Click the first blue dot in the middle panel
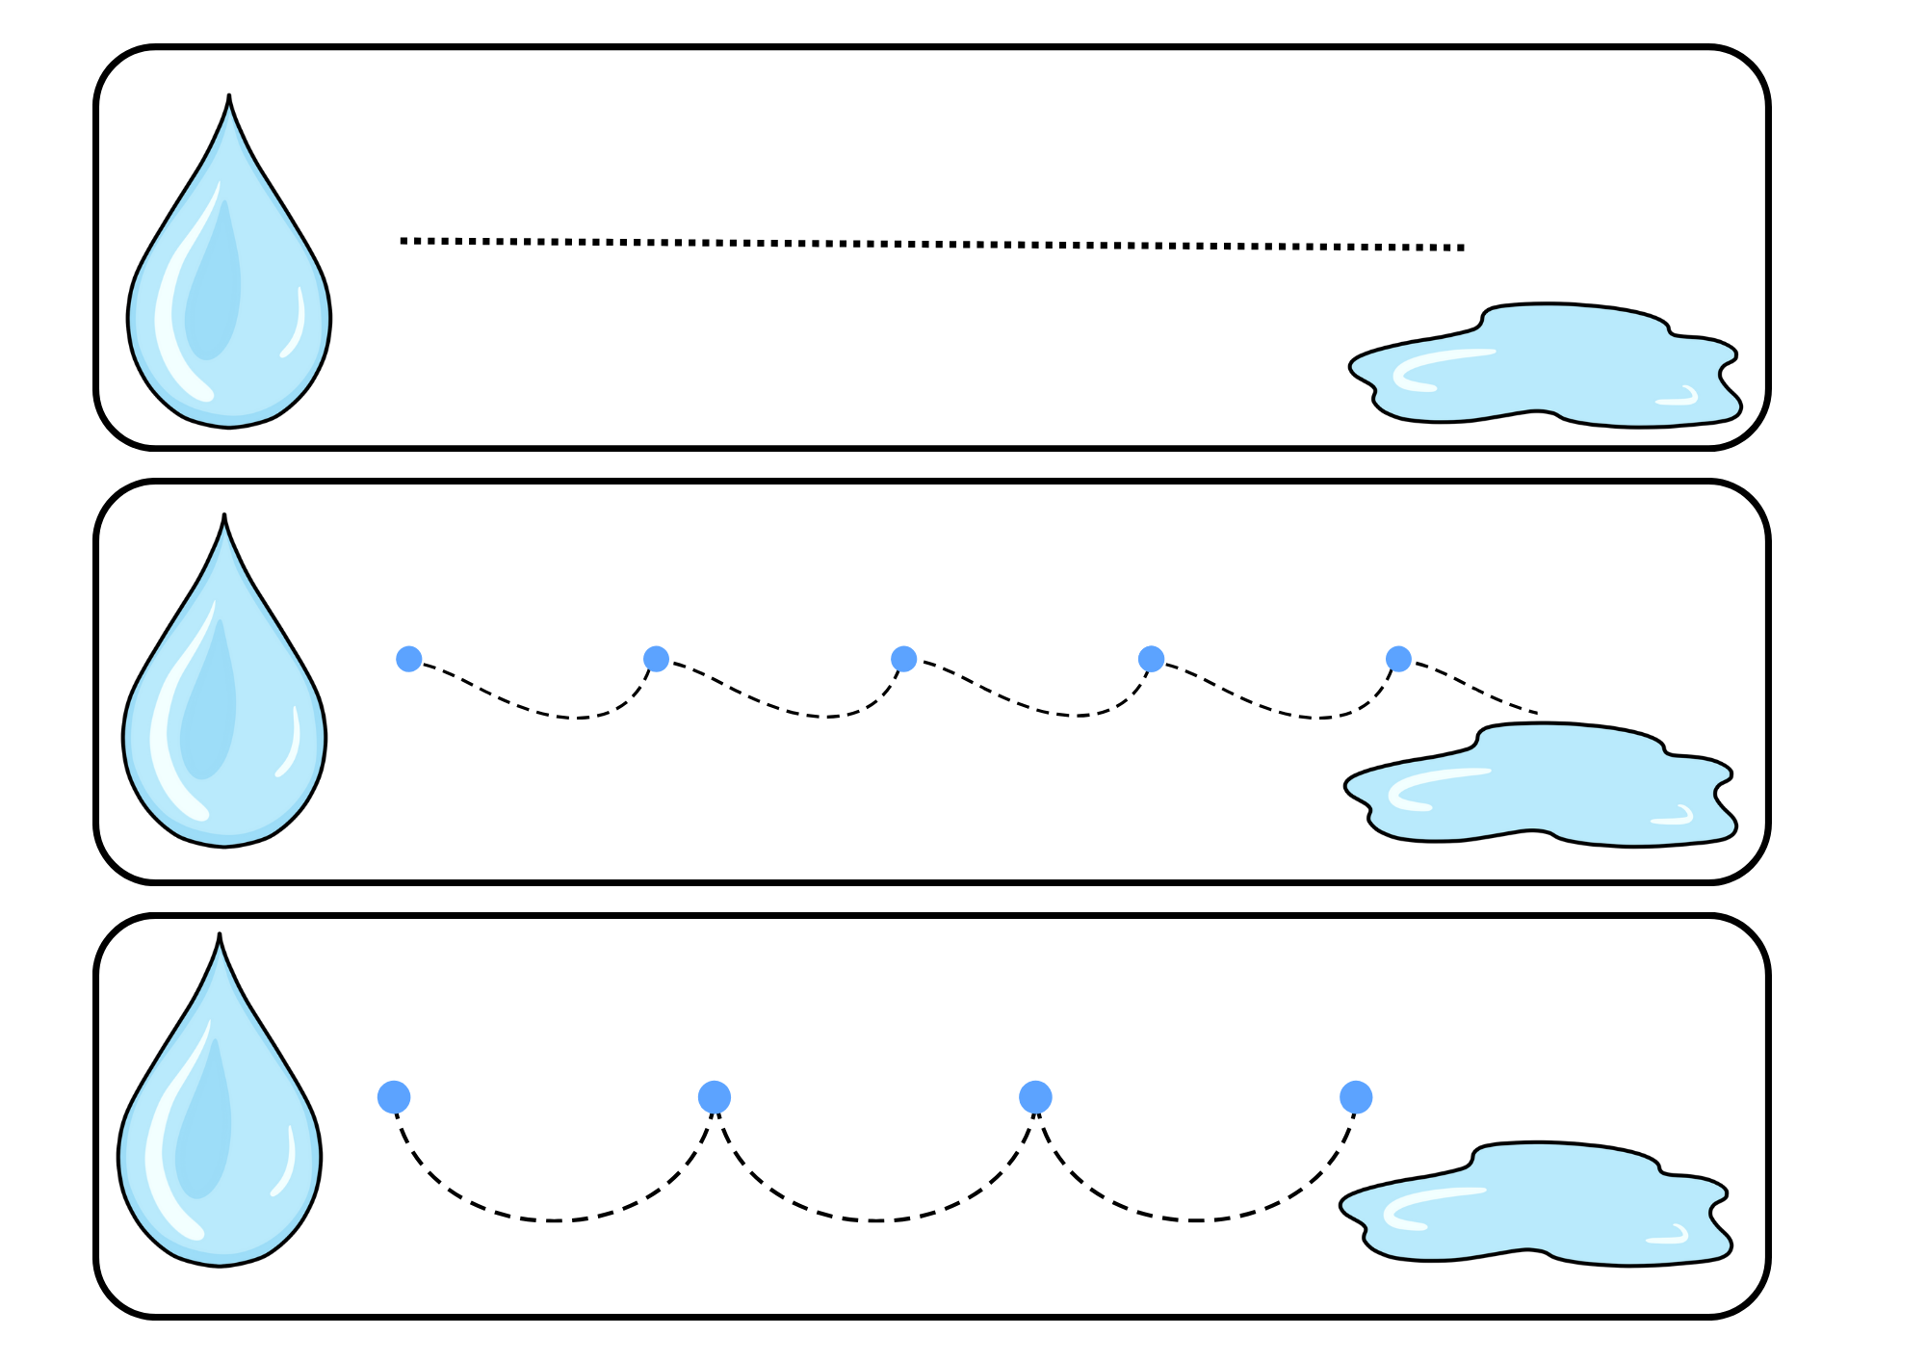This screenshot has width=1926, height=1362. click(409, 659)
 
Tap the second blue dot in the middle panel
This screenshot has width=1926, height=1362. click(657, 659)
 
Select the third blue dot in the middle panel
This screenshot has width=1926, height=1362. click(903, 659)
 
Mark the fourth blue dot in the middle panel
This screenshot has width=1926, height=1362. click(1151, 659)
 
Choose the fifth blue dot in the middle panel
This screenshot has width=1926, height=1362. click(1398, 659)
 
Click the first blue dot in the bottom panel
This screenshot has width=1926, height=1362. click(394, 1097)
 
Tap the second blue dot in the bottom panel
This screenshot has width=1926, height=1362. click(715, 1097)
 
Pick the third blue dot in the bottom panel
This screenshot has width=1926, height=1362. click(1035, 1097)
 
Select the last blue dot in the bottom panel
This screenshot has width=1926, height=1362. click(1356, 1097)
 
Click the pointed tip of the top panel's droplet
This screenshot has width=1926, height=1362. click(229, 97)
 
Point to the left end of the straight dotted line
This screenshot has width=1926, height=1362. click(403, 241)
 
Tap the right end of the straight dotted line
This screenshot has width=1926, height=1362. click(1462, 248)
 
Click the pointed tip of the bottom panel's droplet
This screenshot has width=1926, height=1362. click(220, 935)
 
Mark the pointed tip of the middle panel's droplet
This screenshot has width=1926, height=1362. click(224, 516)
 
